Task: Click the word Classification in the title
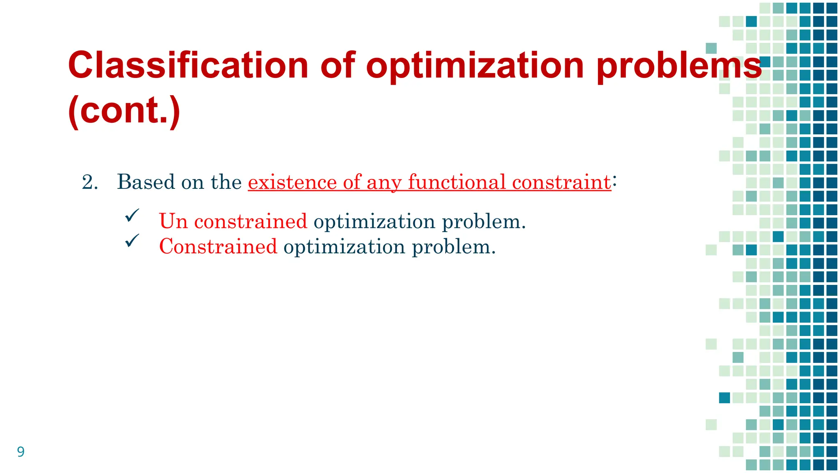[x=188, y=66]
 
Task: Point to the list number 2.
[x=89, y=182]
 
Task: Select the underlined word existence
[x=292, y=182]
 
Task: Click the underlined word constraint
[x=561, y=182]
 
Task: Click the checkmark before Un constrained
[x=132, y=216]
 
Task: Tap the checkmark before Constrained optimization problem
[x=132, y=241]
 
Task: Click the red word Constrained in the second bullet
[x=218, y=247]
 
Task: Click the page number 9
[x=21, y=452]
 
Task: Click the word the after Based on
[x=226, y=182]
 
